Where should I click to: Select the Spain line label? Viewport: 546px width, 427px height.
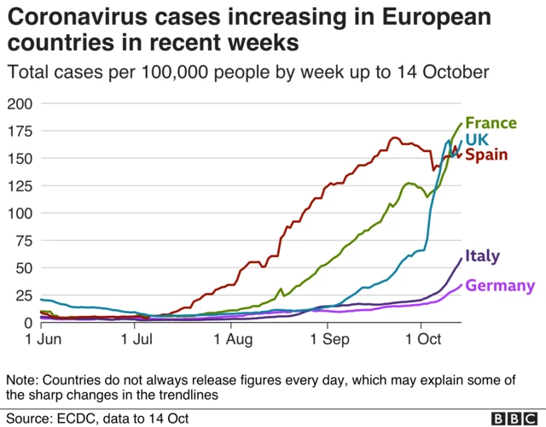487,155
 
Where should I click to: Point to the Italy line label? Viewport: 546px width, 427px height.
482,256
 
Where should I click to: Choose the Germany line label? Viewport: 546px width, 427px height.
499,286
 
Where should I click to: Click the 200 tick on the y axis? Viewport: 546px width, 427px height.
18,104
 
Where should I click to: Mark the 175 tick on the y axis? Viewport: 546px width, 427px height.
18,132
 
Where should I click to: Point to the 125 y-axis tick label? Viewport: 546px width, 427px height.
18,186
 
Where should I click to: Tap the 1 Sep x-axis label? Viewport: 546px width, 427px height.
325,340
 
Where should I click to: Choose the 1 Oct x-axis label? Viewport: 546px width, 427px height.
420,340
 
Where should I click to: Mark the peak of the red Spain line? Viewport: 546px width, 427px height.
394,137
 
